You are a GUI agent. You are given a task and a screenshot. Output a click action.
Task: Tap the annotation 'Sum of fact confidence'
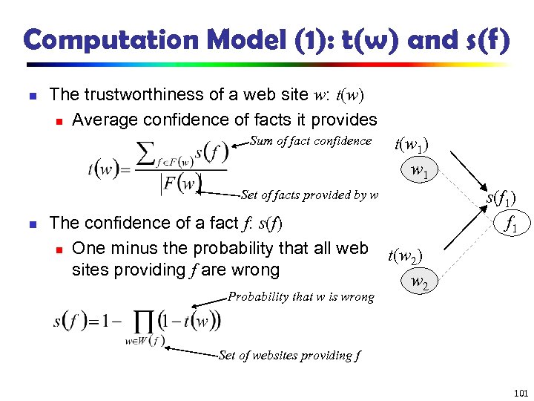click(x=311, y=141)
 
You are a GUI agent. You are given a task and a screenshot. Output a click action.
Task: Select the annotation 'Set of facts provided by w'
click(x=309, y=195)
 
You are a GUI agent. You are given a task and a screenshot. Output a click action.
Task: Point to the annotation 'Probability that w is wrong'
click(x=300, y=296)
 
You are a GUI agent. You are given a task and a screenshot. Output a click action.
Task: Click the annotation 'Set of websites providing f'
click(x=290, y=355)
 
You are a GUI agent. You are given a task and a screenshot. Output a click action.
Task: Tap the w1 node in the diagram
click(x=419, y=172)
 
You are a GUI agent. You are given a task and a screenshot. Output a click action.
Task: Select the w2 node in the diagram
click(x=419, y=282)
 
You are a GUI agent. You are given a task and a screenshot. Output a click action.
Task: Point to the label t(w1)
click(x=409, y=146)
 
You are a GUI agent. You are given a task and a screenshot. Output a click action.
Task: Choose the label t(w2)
click(x=405, y=257)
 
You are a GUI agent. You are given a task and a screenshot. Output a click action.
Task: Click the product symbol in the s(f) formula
click(x=146, y=321)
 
